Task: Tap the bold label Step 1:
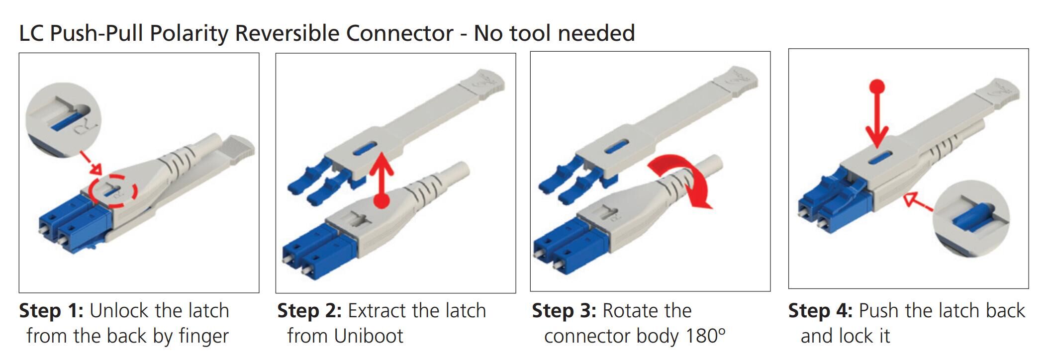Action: pyautogui.click(x=51, y=311)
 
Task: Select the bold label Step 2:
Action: pyautogui.click(x=309, y=311)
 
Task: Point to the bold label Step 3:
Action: pyautogui.click(x=564, y=311)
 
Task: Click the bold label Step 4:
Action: pyautogui.click(x=820, y=311)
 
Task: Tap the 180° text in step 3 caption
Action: pyautogui.click(x=705, y=336)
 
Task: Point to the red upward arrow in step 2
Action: pyautogui.click(x=381, y=179)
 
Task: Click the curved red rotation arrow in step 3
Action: pyautogui.click(x=684, y=179)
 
